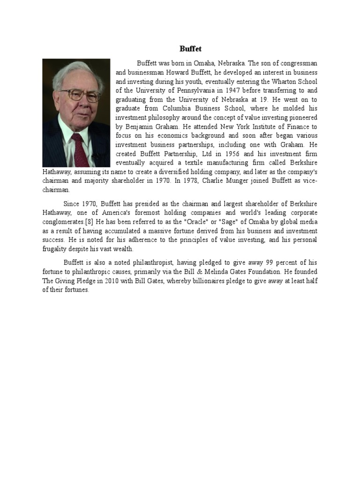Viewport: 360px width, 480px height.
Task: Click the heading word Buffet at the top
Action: coord(190,48)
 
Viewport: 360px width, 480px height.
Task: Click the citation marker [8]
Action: coord(89,222)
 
